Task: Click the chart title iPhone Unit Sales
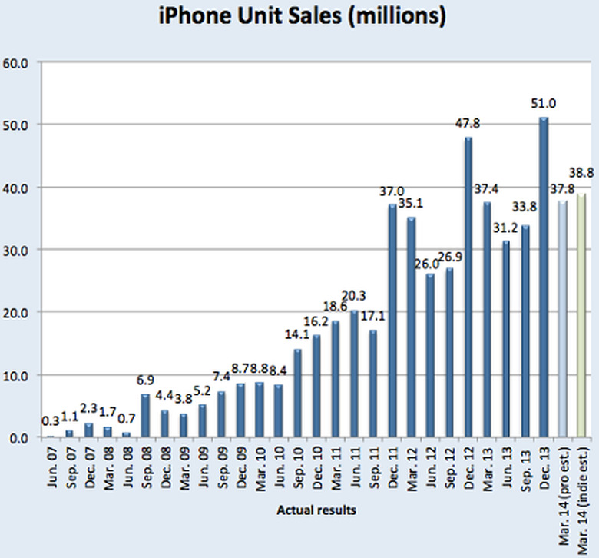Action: coord(302,16)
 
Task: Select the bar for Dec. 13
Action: coord(544,277)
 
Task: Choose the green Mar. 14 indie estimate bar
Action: coord(581,315)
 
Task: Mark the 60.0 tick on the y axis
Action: coord(17,62)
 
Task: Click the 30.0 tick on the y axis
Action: coord(17,250)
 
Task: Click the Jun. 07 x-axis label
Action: coord(51,469)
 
